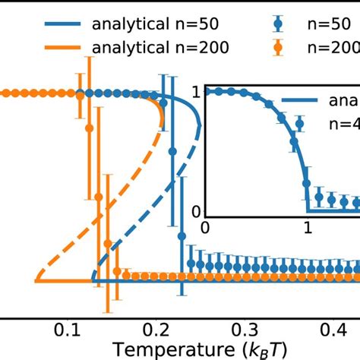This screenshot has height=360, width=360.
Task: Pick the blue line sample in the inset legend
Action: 302,101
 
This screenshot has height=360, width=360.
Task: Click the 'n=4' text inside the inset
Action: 343,122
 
